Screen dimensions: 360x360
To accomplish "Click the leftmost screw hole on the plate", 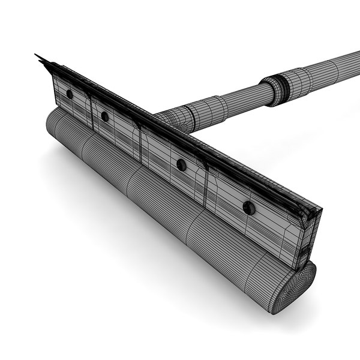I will pos(70,94).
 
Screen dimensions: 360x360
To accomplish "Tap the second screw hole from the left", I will pos(105,116).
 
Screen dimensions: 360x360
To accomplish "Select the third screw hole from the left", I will pos(181,164).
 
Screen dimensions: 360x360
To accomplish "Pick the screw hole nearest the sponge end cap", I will pos(248,208).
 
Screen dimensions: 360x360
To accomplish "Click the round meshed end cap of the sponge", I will pos(296,288).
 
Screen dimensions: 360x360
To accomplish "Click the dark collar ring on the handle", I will pos(277,85).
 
